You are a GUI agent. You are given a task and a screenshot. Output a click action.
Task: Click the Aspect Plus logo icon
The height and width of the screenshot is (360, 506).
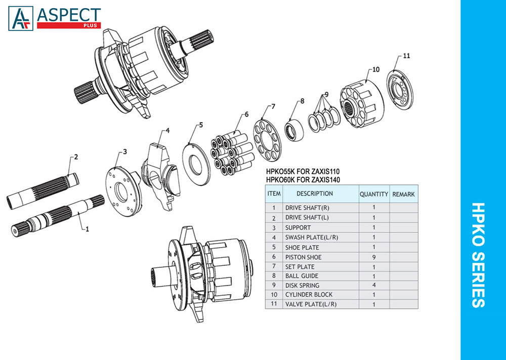tap(21, 18)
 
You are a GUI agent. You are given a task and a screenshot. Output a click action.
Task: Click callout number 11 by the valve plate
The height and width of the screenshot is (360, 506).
tap(406, 56)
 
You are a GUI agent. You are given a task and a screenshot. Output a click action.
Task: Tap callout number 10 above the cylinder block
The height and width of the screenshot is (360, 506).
tap(376, 69)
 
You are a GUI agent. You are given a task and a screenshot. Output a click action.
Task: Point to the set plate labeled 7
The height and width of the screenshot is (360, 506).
tap(267, 140)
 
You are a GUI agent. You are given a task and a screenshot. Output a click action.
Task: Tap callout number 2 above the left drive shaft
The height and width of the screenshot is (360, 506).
tap(76, 157)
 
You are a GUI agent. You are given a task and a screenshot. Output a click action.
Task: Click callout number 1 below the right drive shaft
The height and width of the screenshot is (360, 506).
tap(87, 229)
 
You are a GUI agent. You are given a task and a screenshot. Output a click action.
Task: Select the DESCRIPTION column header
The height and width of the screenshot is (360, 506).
tap(315, 194)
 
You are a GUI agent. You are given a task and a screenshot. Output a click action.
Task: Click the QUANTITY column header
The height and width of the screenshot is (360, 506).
tap(374, 194)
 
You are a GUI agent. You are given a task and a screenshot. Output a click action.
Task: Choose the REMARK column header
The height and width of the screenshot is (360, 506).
tap(403, 194)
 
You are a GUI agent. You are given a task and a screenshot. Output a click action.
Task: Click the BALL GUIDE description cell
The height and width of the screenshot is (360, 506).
tap(302, 276)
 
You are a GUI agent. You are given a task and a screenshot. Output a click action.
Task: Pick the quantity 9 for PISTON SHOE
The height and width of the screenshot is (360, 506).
tap(374, 257)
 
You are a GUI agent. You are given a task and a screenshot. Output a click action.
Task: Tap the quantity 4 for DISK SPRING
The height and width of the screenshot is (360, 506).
tap(374, 285)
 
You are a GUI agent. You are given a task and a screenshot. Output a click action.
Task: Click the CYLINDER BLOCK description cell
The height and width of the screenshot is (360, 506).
tap(309, 295)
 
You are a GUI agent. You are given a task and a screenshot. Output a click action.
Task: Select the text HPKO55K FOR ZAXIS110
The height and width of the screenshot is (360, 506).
tap(303, 172)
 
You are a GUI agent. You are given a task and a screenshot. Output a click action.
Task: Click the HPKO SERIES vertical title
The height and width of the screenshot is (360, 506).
tap(478, 255)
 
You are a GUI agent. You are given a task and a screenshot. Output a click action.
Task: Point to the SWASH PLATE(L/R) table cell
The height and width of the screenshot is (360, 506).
tap(311, 237)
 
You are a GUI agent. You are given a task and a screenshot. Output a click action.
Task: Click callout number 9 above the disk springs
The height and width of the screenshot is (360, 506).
tap(326, 95)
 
